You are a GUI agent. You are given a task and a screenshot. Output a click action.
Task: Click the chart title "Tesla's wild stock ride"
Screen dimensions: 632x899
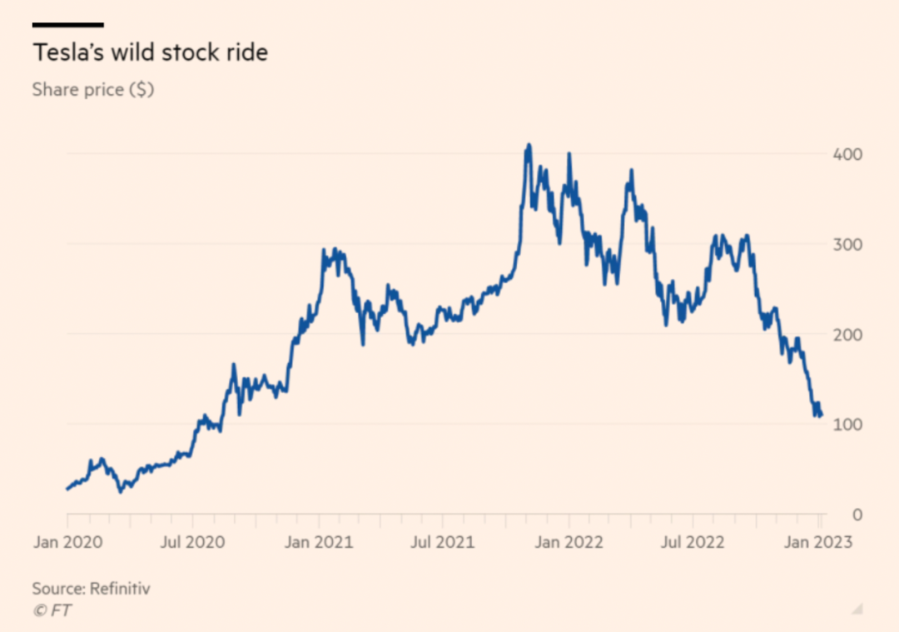point(150,52)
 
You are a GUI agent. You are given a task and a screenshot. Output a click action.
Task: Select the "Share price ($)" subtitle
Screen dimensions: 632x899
point(92,89)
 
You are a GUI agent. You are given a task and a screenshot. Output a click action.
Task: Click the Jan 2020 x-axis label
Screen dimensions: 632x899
point(67,542)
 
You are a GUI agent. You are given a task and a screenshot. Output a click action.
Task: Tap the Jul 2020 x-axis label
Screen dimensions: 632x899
point(192,542)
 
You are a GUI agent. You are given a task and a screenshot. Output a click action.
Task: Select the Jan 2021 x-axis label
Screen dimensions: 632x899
point(319,542)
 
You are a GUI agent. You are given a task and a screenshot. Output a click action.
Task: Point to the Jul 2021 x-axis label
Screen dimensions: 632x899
point(443,542)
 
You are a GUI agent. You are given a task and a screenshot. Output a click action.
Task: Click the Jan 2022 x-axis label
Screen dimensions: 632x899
point(569,542)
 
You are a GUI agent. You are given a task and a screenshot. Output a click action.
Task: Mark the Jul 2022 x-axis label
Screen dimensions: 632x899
point(693,542)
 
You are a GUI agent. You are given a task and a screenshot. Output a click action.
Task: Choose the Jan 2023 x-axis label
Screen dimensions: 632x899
point(820,542)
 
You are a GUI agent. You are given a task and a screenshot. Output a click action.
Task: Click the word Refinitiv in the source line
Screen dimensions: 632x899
point(121,589)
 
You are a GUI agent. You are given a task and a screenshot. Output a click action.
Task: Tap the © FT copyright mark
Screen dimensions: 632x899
point(52,610)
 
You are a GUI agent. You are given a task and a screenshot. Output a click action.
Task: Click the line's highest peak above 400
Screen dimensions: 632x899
point(528,146)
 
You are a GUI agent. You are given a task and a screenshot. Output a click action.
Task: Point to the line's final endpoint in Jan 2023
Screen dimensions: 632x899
point(822,415)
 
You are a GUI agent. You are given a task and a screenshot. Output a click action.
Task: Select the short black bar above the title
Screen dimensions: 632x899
point(67,25)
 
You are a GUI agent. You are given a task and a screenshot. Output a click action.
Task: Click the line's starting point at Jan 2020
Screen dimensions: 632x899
point(67,489)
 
